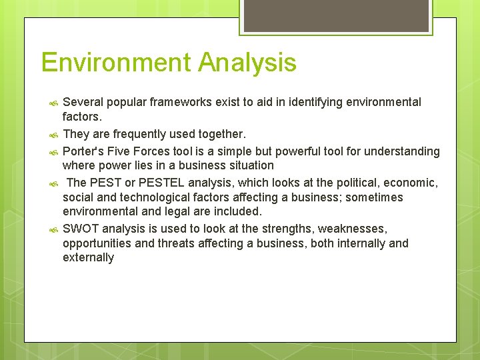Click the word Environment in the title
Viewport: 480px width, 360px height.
coord(115,63)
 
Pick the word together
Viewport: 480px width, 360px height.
coord(221,135)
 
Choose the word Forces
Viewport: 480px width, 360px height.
coord(154,151)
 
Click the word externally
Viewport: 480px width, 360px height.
coord(88,257)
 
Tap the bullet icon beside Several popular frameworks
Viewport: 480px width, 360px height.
coord(53,103)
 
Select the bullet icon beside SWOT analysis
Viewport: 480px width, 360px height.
coord(53,229)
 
